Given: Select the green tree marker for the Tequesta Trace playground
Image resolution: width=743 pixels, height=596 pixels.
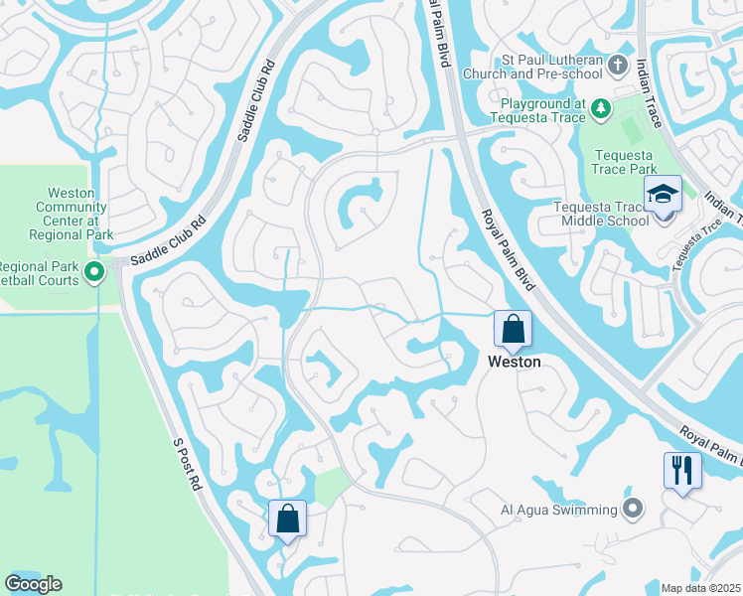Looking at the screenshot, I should pyautogui.click(x=600, y=106).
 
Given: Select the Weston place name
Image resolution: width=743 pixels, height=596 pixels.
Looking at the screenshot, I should pyautogui.click(x=514, y=363).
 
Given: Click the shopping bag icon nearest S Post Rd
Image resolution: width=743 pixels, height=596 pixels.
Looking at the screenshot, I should pyautogui.click(x=287, y=518).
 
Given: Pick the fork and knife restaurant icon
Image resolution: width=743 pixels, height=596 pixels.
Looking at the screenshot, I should pyautogui.click(x=682, y=469).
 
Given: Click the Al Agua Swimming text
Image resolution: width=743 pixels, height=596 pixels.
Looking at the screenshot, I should pyautogui.click(x=557, y=511).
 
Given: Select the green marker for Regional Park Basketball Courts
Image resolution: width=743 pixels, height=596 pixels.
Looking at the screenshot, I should pyautogui.click(x=94, y=271).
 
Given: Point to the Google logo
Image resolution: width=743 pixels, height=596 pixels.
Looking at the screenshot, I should pyautogui.click(x=33, y=584).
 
